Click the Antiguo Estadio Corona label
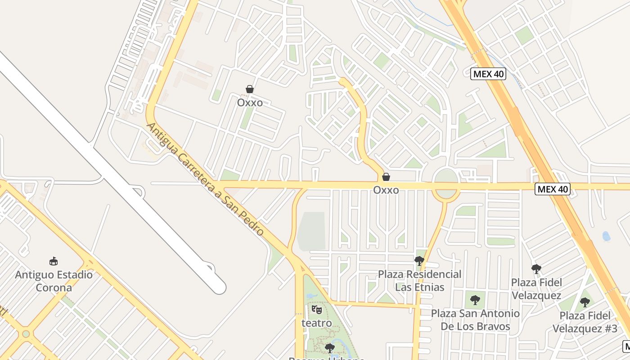[x=54, y=281]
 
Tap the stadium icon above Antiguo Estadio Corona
[x=54, y=261]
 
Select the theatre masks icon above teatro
[x=316, y=310]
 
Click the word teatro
[x=316, y=323]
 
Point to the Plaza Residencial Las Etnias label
[x=419, y=280]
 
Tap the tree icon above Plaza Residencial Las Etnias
[x=419, y=261]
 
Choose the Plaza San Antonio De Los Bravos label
[x=475, y=319]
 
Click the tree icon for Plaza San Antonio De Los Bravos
[x=475, y=300]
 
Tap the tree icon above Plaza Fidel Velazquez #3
[x=585, y=302]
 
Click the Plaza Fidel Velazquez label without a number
[x=536, y=289]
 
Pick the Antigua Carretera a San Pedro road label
[x=205, y=179]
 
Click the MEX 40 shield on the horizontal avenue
[x=553, y=189]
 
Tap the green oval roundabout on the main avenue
[x=446, y=184]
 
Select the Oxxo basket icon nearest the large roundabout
[x=386, y=177]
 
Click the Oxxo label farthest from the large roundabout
[x=250, y=103]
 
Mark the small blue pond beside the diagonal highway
[x=606, y=236]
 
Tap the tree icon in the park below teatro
[x=330, y=347]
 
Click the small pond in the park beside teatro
[x=310, y=297]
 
